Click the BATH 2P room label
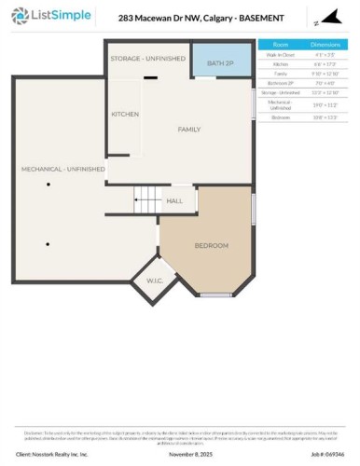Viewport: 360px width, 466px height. pos(221,62)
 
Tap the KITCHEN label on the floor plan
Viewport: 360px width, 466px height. pos(125,114)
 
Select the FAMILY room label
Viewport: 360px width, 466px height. pos(189,129)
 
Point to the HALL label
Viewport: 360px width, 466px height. pos(174,200)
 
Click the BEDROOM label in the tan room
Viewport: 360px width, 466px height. pos(211,245)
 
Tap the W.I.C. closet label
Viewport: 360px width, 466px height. pos(154,281)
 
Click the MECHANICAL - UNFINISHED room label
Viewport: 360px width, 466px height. pos(63,169)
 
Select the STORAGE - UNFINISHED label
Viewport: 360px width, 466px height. pos(148,58)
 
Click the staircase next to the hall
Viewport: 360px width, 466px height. pos(146,199)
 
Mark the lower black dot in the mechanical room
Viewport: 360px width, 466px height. pos(48,244)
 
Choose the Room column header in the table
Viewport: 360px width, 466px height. pos(281,44)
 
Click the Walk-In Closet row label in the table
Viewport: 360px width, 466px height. pos(281,55)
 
